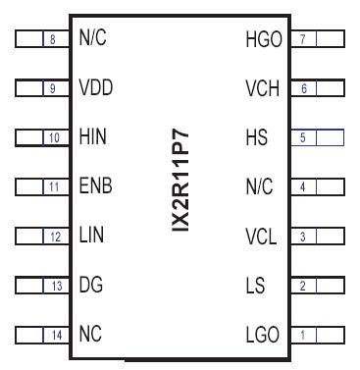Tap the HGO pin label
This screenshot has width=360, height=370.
click(x=262, y=39)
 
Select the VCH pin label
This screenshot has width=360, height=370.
click(x=262, y=88)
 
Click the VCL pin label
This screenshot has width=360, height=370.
click(x=262, y=237)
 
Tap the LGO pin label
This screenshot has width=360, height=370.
click(x=262, y=336)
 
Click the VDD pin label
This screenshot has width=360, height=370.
click(x=95, y=88)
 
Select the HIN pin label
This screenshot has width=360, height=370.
click(x=93, y=137)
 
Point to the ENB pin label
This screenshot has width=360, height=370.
click(x=95, y=186)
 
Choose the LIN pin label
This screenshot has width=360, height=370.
click(x=92, y=237)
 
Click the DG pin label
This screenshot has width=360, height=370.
click(x=91, y=286)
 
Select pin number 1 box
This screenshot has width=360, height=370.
click(x=304, y=336)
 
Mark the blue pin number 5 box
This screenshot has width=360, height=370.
click(x=304, y=137)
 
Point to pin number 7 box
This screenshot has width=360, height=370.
click(x=304, y=39)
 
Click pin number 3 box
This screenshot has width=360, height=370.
click(x=304, y=237)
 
